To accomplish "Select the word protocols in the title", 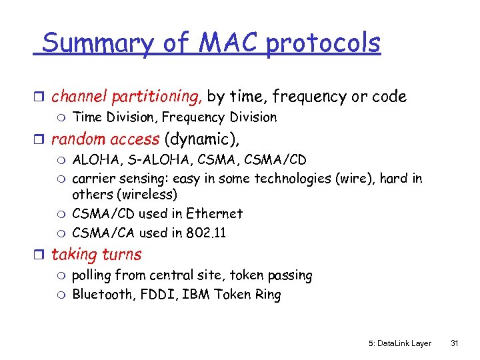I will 323,43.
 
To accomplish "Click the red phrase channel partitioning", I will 127,97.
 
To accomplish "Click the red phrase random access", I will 105,139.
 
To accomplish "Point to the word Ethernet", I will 214,214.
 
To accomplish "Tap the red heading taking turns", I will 97,254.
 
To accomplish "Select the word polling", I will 91,275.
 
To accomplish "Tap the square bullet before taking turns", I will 41,255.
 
